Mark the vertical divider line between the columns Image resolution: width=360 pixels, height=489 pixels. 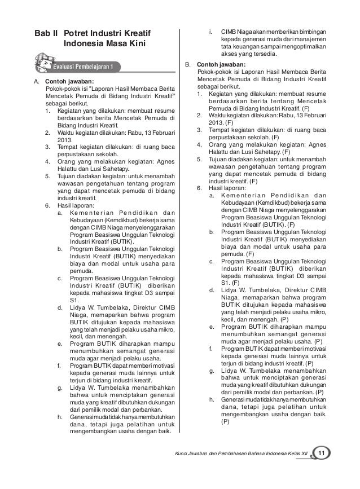[x=180, y=226]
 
